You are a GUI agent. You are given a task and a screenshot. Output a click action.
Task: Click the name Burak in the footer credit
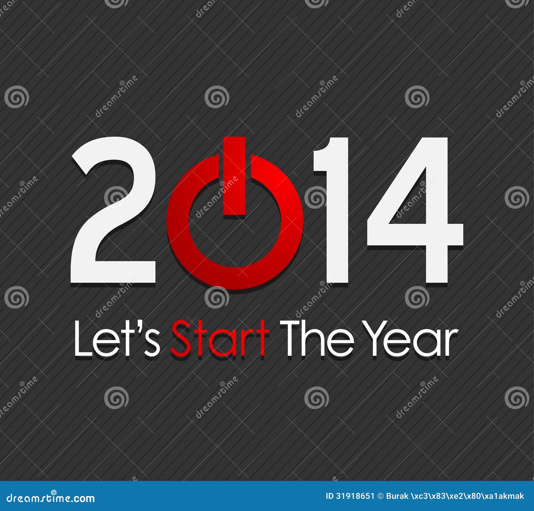point(397,496)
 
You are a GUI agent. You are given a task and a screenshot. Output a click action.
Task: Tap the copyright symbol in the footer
point(380,496)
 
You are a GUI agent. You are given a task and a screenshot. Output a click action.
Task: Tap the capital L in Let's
point(82,339)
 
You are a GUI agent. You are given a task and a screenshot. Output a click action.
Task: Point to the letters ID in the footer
point(330,496)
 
